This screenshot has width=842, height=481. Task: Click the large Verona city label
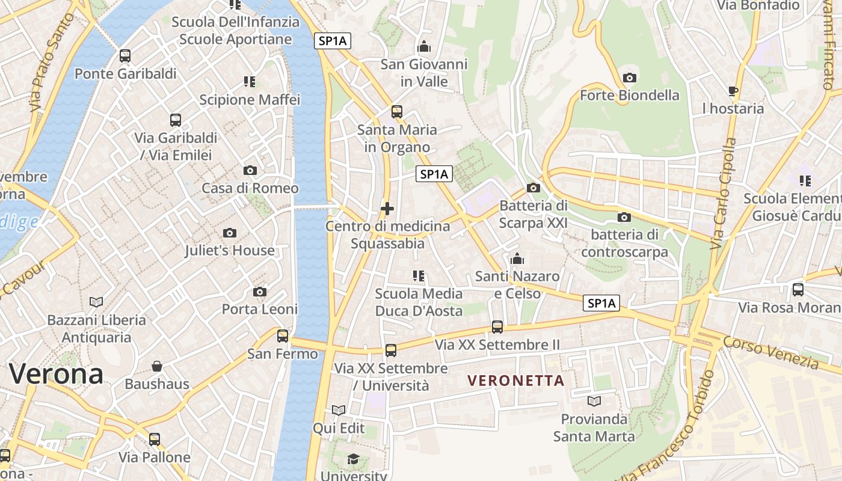click(56, 374)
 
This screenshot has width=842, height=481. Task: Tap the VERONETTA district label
click(516, 381)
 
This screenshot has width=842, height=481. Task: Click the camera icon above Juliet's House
click(229, 233)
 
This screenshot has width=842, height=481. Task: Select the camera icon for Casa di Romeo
click(250, 171)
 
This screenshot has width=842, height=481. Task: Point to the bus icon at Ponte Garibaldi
click(125, 56)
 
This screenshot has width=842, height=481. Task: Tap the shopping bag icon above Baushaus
click(157, 366)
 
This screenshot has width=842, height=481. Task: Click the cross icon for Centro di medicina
click(387, 209)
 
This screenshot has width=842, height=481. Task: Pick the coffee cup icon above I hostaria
click(733, 91)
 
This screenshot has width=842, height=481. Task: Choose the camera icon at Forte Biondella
click(630, 78)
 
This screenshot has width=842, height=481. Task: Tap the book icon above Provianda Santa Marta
click(594, 401)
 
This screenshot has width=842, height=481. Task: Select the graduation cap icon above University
click(353, 459)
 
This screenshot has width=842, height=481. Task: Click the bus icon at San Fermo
click(283, 336)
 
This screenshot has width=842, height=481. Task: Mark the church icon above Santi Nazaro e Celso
click(517, 259)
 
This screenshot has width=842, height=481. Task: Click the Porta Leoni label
click(260, 309)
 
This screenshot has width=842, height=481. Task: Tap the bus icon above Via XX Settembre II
click(497, 327)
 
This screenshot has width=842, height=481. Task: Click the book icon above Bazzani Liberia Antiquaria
click(96, 302)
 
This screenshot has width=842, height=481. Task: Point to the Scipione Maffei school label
click(250, 99)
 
